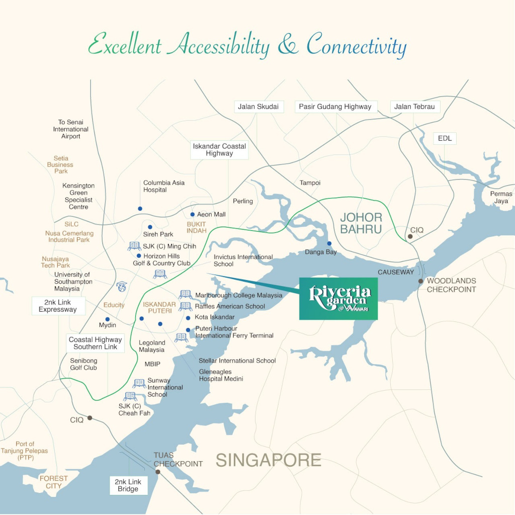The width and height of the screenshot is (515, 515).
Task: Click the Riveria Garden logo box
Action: (338, 298)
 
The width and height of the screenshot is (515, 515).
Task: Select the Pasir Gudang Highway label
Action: (335, 107)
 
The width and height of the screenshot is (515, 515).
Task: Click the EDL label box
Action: (445, 138)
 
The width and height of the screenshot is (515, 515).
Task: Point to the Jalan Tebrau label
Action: (415, 107)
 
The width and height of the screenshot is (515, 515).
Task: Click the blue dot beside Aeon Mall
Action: (192, 214)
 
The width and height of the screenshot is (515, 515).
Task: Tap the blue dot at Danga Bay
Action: (329, 243)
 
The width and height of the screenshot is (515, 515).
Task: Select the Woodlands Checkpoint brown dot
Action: (421, 281)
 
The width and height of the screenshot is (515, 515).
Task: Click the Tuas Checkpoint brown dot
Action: (158, 472)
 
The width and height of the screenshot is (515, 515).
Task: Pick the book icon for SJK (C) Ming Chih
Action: (134, 246)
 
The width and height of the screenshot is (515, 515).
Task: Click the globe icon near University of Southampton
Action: (121, 287)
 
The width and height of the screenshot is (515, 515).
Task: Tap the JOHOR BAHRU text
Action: (361, 223)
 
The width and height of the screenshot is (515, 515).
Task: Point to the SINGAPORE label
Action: (269, 460)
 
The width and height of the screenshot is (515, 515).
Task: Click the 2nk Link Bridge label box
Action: (128, 485)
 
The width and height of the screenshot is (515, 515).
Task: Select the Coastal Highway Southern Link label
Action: (96, 343)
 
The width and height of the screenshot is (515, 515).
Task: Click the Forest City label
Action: (54, 482)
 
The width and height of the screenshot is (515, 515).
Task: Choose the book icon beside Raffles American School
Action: (186, 306)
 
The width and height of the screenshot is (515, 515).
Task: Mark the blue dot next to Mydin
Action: (107, 319)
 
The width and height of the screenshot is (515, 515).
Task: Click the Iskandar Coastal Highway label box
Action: (219, 150)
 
